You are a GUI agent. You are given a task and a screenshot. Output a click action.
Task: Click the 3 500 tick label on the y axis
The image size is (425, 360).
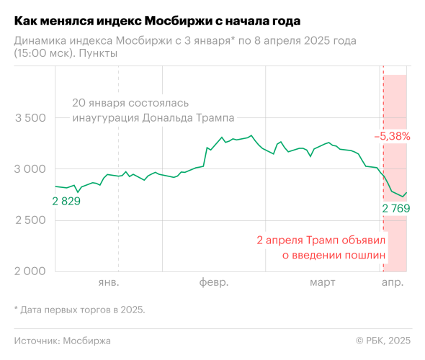30,118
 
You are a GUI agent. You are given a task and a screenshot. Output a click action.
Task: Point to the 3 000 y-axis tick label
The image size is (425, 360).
30,169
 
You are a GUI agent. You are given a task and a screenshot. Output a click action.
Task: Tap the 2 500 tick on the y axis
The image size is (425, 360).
30,220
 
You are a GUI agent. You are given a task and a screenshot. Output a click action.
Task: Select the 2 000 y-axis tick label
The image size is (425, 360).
30,271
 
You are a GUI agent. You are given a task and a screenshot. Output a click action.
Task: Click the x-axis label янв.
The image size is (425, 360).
108,282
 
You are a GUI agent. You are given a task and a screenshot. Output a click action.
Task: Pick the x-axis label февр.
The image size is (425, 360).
214,282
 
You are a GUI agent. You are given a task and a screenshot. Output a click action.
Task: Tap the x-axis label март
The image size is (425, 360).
323,282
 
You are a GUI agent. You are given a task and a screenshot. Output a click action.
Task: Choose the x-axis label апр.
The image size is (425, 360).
393,282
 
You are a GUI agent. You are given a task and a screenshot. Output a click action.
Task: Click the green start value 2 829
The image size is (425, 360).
66,201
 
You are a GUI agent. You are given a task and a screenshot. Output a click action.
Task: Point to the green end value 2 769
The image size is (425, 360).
395,209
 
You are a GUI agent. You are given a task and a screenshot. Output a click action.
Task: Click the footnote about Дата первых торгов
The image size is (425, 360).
79,310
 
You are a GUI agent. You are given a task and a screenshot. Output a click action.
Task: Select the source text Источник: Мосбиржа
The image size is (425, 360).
63,340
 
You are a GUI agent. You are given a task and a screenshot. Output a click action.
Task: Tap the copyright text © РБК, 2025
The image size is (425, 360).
384,340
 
